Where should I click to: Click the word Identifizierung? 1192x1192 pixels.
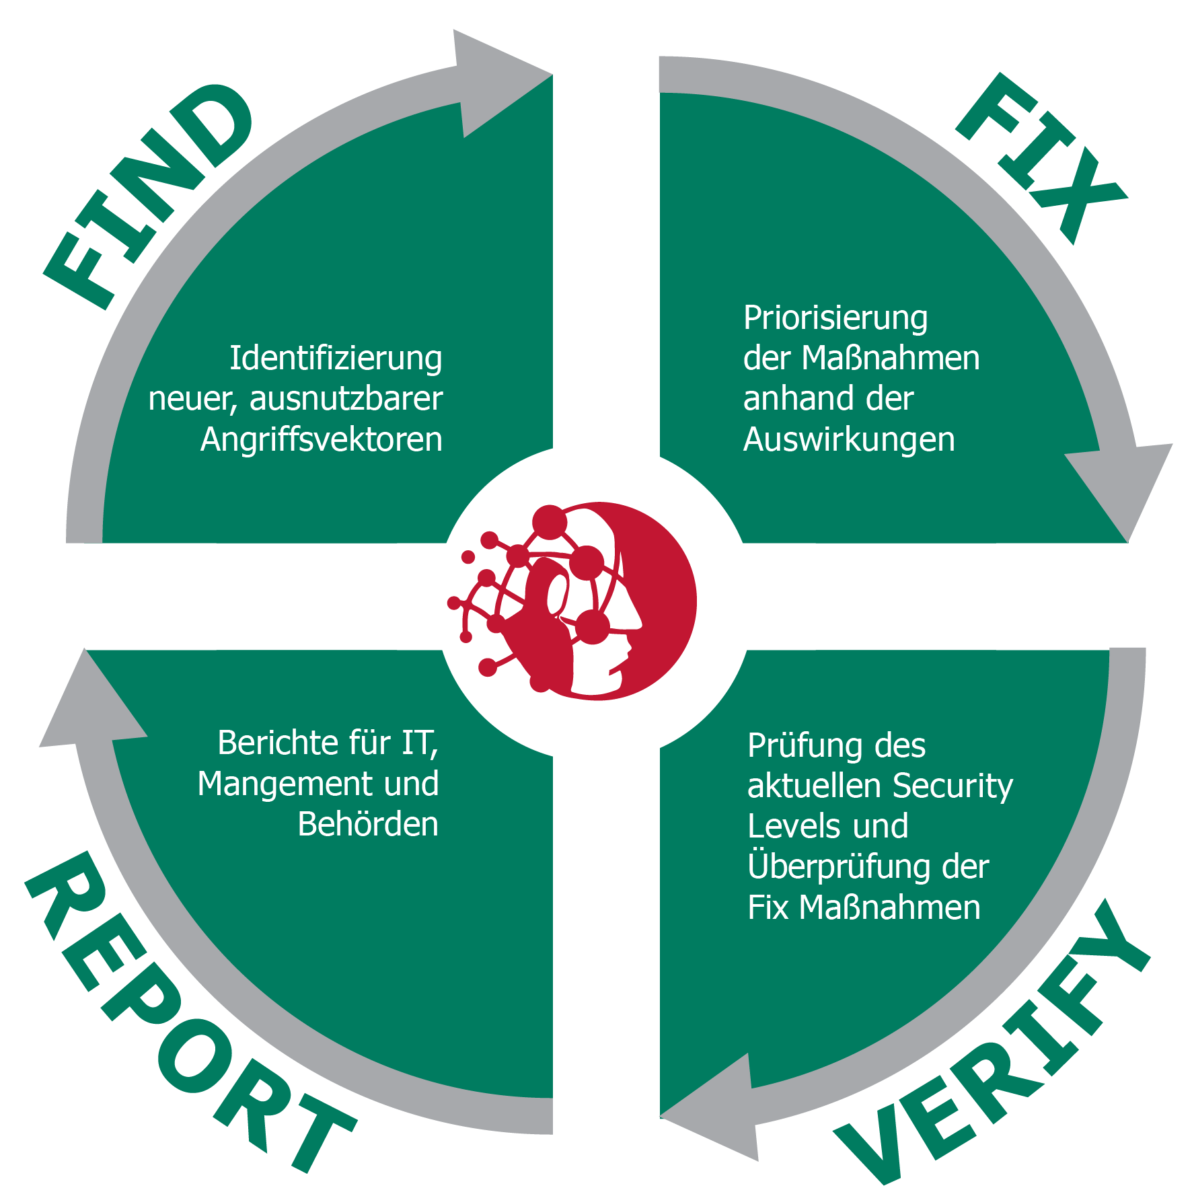coord(336,358)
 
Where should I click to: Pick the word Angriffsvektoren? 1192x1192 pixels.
coord(322,439)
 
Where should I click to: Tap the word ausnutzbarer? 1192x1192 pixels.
coord(346,398)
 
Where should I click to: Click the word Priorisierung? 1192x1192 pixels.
coord(835,318)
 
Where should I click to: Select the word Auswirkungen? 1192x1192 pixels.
coord(849,439)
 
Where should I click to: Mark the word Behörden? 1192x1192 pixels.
coord(368,824)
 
